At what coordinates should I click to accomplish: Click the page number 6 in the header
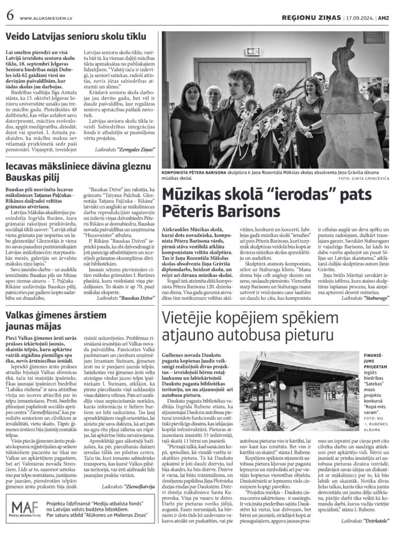(x=10, y=16)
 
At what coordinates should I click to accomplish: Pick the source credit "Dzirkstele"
(x=370, y=521)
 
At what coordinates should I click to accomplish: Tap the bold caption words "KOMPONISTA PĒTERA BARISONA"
(x=197, y=172)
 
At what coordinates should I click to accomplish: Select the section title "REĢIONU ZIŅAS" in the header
(x=311, y=17)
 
